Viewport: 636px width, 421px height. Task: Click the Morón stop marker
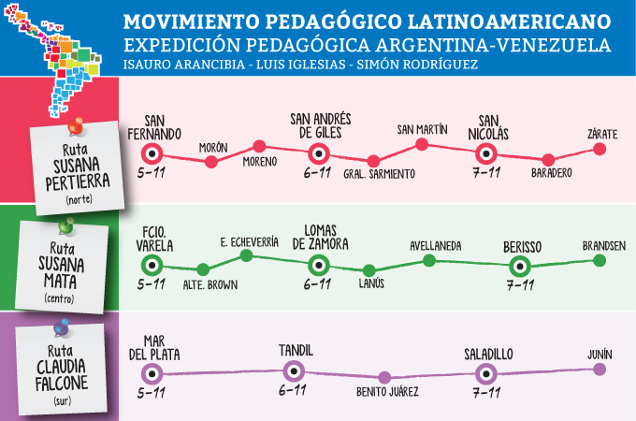211,162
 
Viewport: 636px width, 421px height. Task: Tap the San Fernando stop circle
152,154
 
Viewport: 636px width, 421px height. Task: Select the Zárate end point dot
602,149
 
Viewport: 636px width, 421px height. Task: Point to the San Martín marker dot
422,144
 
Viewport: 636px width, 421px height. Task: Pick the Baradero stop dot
549,161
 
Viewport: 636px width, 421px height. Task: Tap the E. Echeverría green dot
246,254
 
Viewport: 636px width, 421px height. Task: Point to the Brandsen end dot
600,258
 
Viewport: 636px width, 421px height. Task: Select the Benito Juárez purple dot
386,377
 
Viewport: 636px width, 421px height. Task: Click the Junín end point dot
600,369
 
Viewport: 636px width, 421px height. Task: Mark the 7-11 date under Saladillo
484,392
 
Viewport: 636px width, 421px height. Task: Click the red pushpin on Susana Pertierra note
75,123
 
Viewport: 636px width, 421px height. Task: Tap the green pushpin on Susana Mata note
65,226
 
